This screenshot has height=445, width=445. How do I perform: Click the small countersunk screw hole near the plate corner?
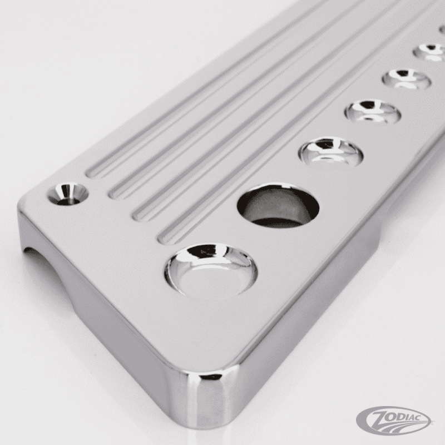click(x=67, y=194)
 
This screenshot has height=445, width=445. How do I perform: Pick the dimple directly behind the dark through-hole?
click(x=330, y=152)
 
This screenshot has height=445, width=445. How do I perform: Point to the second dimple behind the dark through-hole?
click(x=372, y=111)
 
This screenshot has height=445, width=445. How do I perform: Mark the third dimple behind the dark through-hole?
click(x=406, y=79)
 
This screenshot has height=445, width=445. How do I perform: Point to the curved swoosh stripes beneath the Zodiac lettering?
click(x=403, y=428)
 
